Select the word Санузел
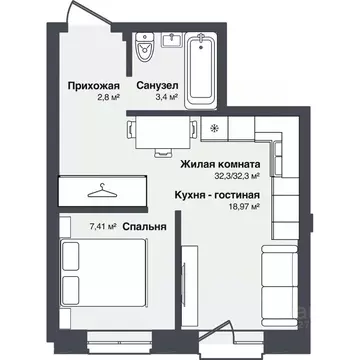(158, 87)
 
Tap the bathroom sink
(171, 44)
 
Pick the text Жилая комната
(220, 163)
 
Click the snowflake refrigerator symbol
(213, 129)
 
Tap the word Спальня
(145, 226)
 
